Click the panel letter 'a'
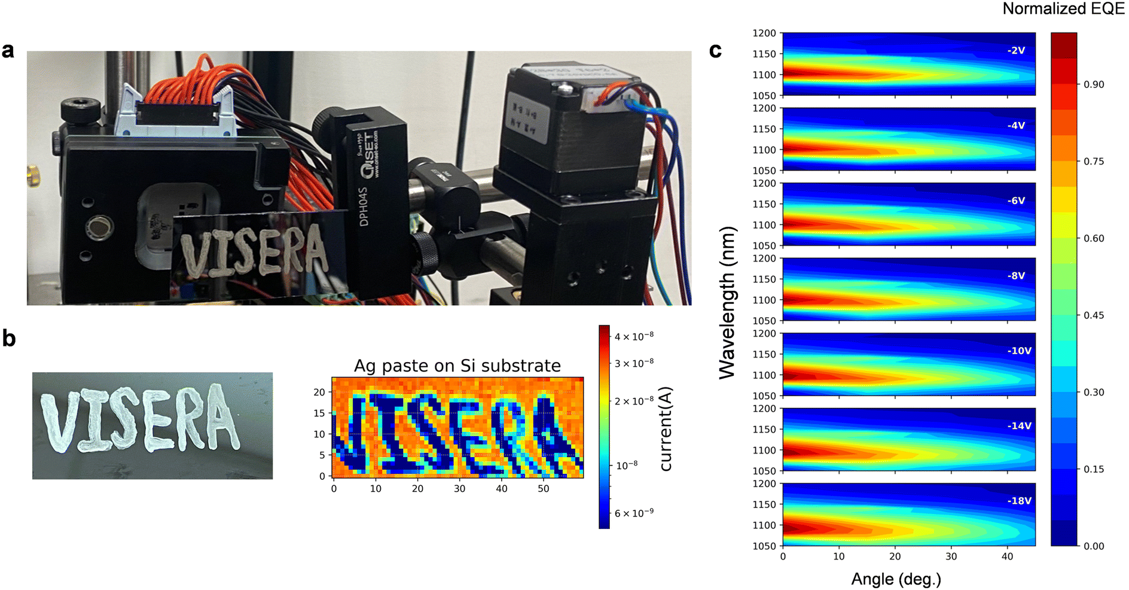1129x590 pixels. click(x=8, y=51)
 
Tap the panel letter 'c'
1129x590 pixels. click(x=715, y=51)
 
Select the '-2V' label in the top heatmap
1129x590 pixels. click(x=1016, y=51)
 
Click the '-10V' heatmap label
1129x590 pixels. click(x=1019, y=351)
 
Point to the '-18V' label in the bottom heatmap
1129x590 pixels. click(x=1019, y=501)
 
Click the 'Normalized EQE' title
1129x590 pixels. click(x=1064, y=9)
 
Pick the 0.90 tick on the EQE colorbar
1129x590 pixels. click(x=1094, y=84)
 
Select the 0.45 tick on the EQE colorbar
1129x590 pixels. click(x=1094, y=315)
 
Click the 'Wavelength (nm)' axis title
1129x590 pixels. click(x=727, y=302)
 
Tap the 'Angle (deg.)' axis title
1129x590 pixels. click(x=896, y=579)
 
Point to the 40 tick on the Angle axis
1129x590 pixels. click(x=1007, y=556)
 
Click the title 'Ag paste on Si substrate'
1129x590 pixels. click(x=457, y=366)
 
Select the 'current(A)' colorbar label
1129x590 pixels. click(x=666, y=429)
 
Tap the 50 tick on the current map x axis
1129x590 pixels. click(x=543, y=489)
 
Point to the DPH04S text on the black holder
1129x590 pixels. click(x=364, y=206)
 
